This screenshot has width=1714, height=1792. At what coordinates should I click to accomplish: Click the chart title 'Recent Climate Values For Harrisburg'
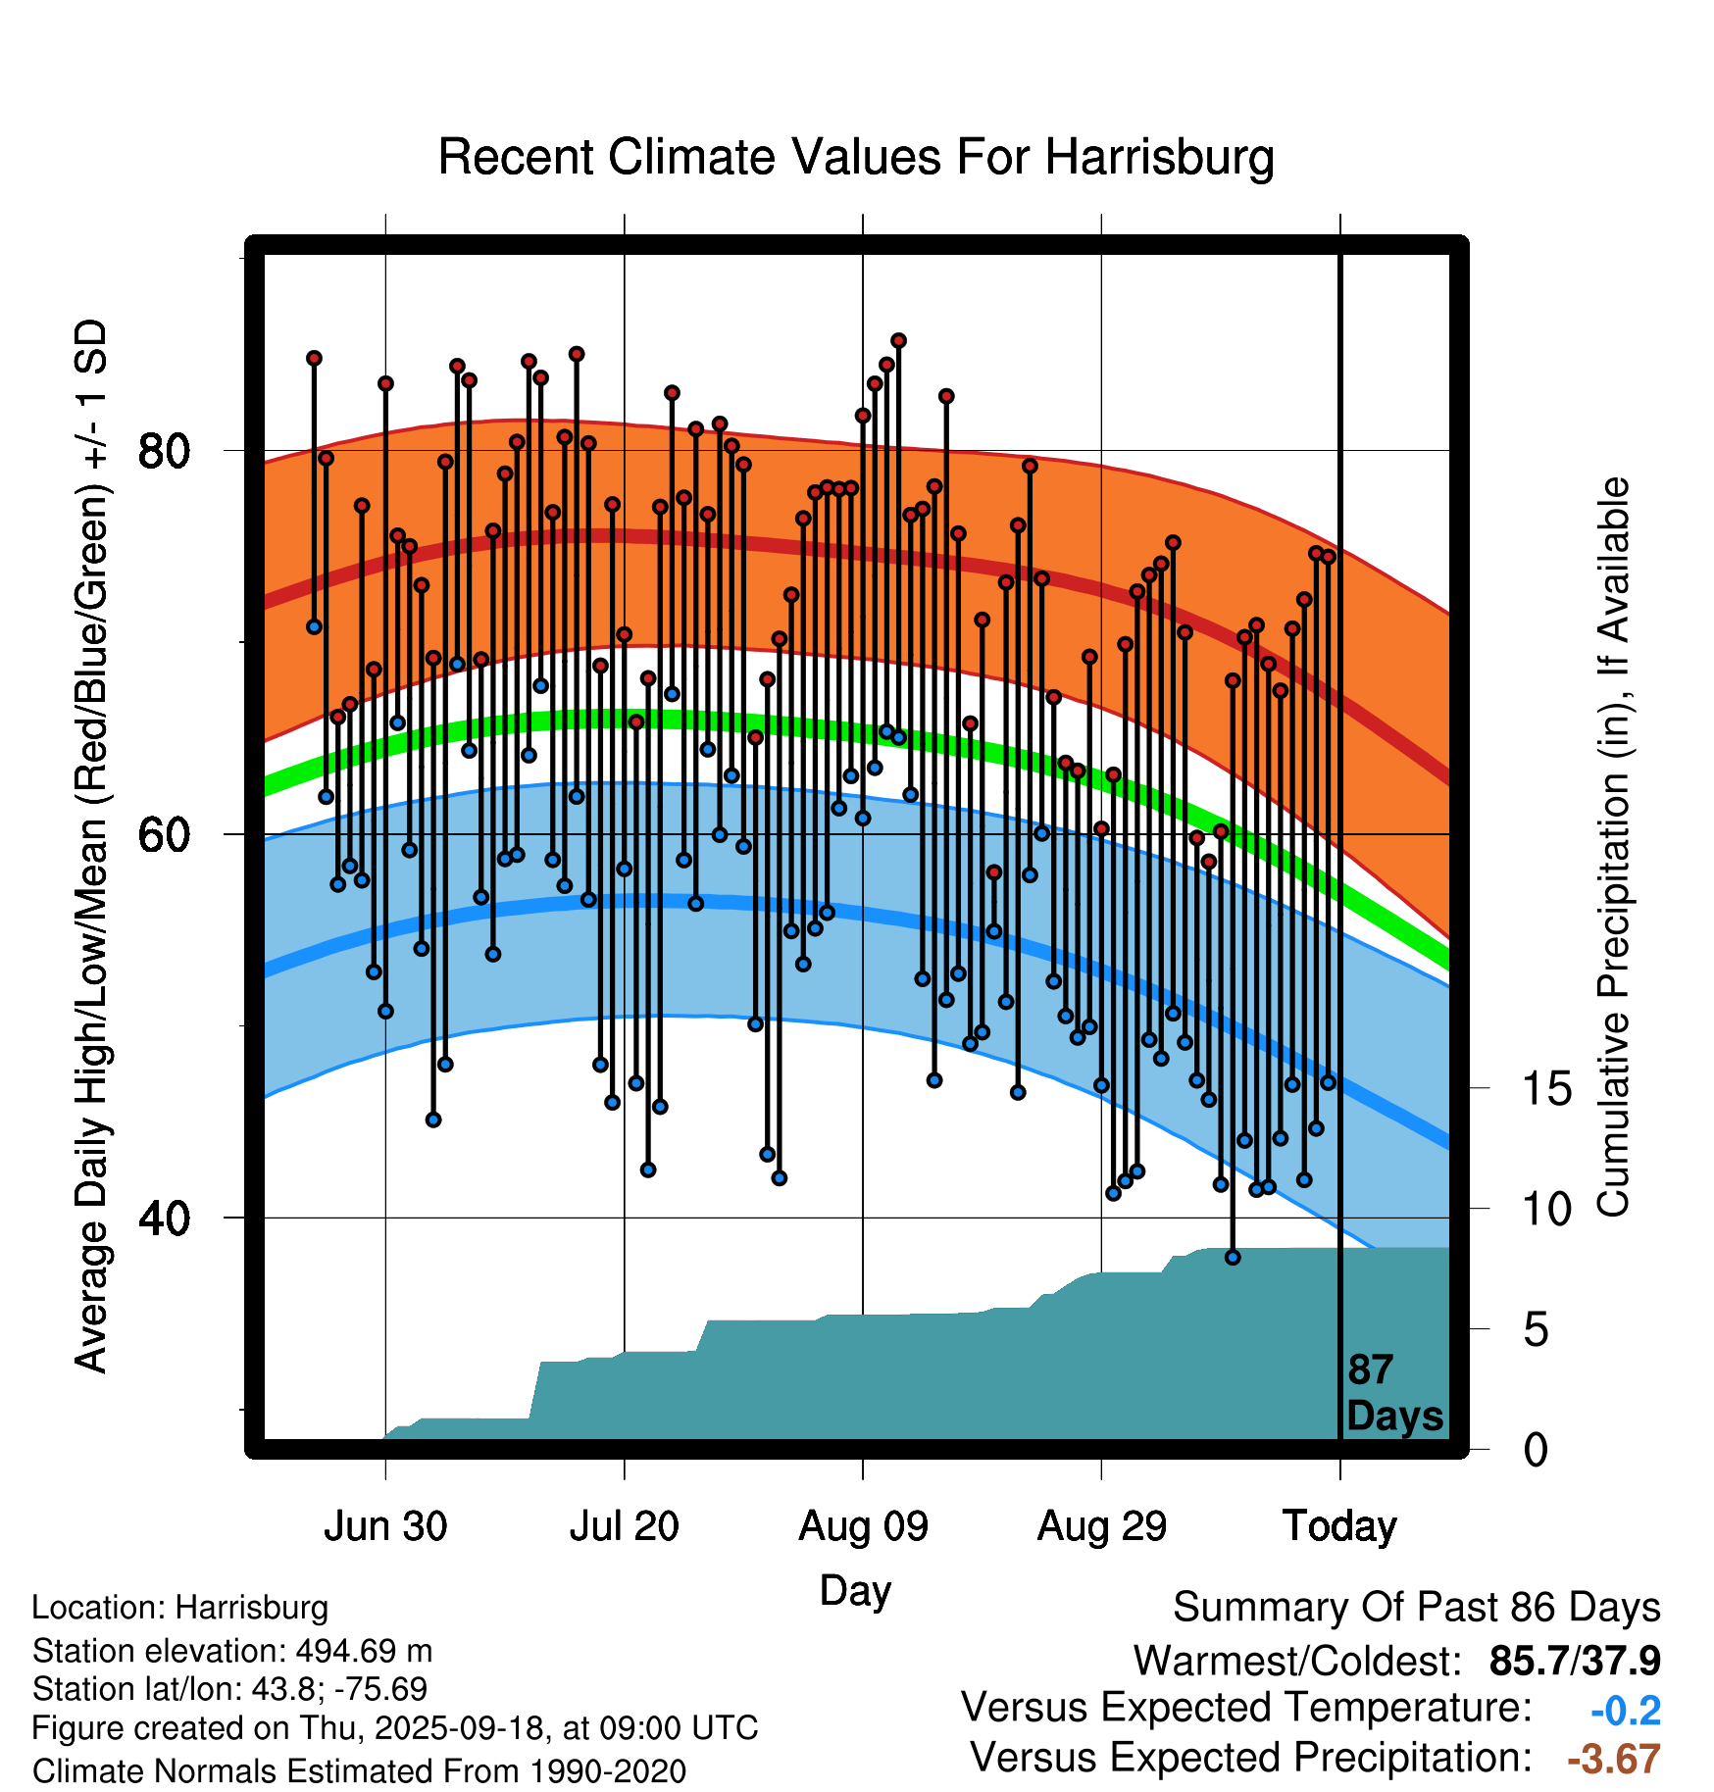pyautogui.click(x=855, y=157)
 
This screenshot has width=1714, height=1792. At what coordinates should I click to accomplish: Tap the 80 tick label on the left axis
pyautogui.click(x=164, y=452)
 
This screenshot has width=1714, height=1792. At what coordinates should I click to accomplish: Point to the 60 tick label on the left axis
pyautogui.click(x=164, y=835)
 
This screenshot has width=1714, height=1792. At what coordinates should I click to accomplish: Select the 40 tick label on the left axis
pyautogui.click(x=164, y=1219)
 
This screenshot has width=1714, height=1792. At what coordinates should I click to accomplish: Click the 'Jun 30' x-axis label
pyautogui.click(x=385, y=1526)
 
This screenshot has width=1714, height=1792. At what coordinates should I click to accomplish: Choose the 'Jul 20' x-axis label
pyautogui.click(x=625, y=1526)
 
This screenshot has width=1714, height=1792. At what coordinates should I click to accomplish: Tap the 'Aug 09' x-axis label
pyautogui.click(x=863, y=1526)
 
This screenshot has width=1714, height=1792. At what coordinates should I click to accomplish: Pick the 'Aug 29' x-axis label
pyautogui.click(x=1102, y=1526)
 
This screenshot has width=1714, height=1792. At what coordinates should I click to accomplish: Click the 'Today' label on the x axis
pyautogui.click(x=1339, y=1526)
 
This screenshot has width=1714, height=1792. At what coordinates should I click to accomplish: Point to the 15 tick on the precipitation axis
pyautogui.click(x=1547, y=1089)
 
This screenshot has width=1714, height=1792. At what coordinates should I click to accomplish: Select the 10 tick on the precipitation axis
pyautogui.click(x=1547, y=1210)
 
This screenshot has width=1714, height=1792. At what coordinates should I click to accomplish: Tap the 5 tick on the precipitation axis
pyautogui.click(x=1537, y=1330)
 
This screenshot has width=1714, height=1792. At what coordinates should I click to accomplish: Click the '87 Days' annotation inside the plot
pyautogui.click(x=1393, y=1393)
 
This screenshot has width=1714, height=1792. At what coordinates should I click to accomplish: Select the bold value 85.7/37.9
pyautogui.click(x=1574, y=1662)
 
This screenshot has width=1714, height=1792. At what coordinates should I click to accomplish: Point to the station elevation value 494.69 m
pyautogui.click(x=364, y=1651)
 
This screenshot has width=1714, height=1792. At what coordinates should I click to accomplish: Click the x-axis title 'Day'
pyautogui.click(x=855, y=1590)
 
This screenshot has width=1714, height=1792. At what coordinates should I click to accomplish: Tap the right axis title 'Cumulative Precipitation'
pyautogui.click(x=1613, y=848)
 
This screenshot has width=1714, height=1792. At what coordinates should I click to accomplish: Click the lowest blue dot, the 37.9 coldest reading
pyautogui.click(x=1233, y=1257)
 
